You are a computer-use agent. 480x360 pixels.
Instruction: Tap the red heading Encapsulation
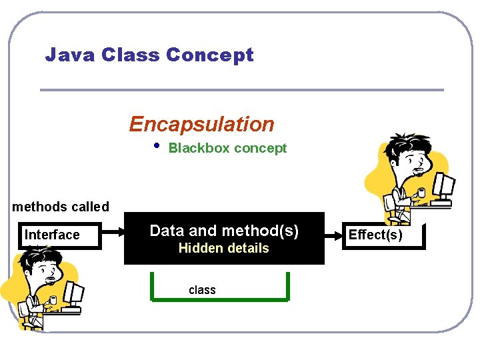point(201,124)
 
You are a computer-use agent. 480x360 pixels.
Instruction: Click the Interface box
point(59,235)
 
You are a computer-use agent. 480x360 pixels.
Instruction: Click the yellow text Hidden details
point(223,249)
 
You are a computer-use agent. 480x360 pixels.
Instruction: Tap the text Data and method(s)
point(224,231)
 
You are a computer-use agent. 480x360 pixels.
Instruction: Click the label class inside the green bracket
point(202,289)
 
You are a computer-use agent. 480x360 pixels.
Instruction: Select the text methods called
point(61,207)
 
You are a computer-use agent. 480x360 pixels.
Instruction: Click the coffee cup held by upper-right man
point(421,193)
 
